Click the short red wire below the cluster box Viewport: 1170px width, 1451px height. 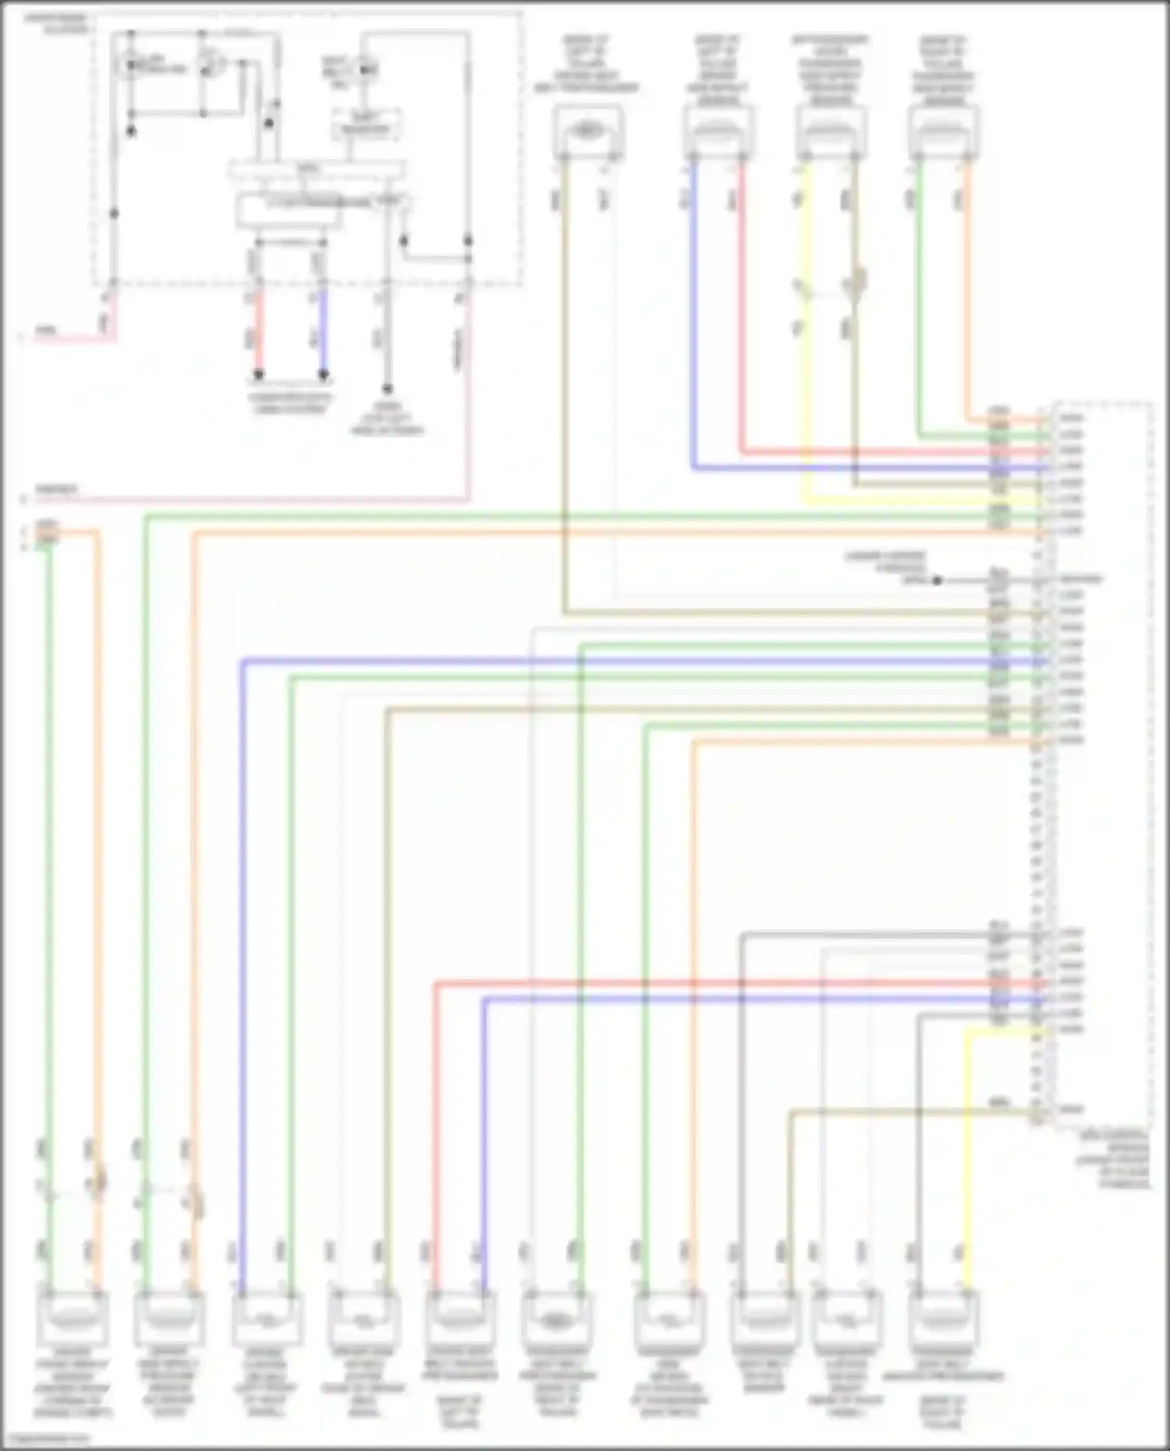(259, 331)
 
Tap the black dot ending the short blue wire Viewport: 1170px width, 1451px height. (323, 376)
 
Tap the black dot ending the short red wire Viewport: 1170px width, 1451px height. (259, 376)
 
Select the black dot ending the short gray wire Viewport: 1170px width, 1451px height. (386, 388)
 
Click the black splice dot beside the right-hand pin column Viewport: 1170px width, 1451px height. (938, 580)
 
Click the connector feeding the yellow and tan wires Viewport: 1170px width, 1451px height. (831, 133)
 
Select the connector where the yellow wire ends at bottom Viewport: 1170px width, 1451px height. (944, 1318)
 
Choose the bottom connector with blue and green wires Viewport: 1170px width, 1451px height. (266, 1318)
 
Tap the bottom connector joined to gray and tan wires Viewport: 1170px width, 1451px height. (764, 1318)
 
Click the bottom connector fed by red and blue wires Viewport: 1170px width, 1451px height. (459, 1318)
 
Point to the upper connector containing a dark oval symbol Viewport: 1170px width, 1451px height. (588, 131)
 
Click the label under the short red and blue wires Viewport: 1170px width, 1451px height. (289, 403)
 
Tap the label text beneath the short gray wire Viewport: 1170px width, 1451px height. (387, 418)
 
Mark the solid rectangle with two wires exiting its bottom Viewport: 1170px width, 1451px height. (289, 211)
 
